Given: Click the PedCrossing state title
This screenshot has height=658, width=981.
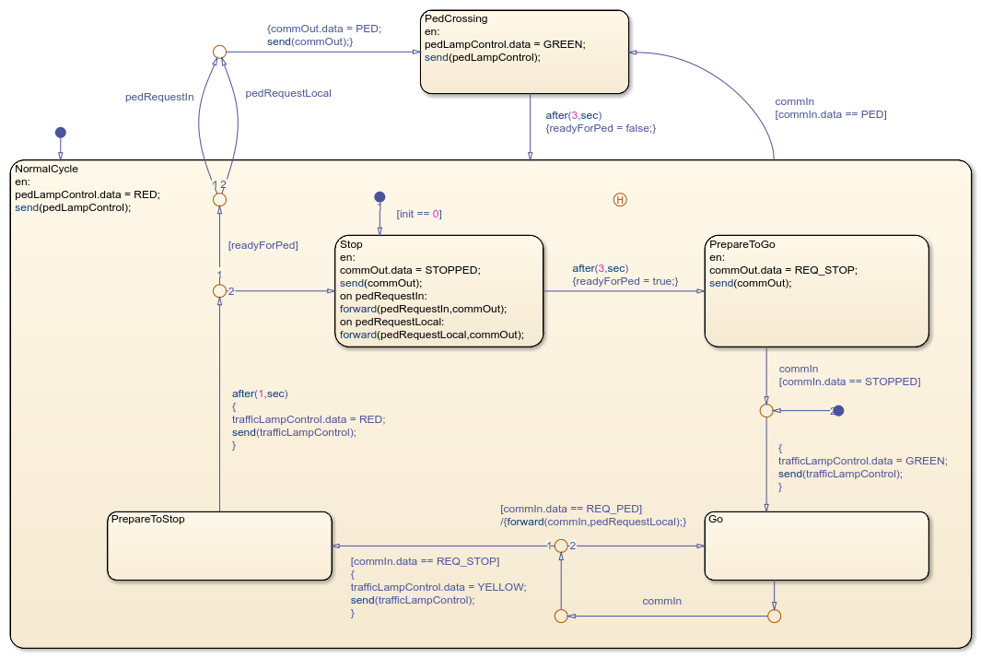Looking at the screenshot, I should pyautogui.click(x=456, y=18).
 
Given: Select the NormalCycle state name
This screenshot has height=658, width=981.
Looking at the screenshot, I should pyautogui.click(x=47, y=169).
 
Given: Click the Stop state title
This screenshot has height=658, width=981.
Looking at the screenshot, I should pyautogui.click(x=351, y=244).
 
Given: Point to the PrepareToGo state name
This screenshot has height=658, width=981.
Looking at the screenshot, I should pyautogui.click(x=742, y=244).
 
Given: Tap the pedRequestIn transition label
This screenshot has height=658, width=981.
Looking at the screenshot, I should pyautogui.click(x=159, y=96).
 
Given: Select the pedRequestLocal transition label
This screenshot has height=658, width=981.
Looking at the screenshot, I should pyautogui.click(x=288, y=93).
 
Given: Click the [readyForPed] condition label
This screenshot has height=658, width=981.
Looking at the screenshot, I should pyautogui.click(x=263, y=245).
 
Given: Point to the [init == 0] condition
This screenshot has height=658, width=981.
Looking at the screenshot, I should pyautogui.click(x=419, y=214).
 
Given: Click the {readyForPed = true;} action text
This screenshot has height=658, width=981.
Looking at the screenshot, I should pyautogui.click(x=625, y=281).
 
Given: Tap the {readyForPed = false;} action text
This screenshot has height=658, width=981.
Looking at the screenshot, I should pyautogui.click(x=601, y=128).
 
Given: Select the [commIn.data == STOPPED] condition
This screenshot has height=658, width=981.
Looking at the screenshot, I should pyautogui.click(x=849, y=382).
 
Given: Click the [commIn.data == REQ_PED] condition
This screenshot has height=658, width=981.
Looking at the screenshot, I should pyautogui.click(x=571, y=509).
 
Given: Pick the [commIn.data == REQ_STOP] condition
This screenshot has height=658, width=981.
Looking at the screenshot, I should pyautogui.click(x=425, y=560).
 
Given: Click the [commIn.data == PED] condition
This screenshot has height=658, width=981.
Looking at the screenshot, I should pyautogui.click(x=831, y=114).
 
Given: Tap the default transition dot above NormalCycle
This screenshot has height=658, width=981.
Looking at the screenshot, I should pyautogui.click(x=60, y=132).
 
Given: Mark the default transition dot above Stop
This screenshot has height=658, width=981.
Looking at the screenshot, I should pyautogui.click(x=379, y=196).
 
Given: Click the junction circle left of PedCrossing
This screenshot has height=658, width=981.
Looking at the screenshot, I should pyautogui.click(x=219, y=53).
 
